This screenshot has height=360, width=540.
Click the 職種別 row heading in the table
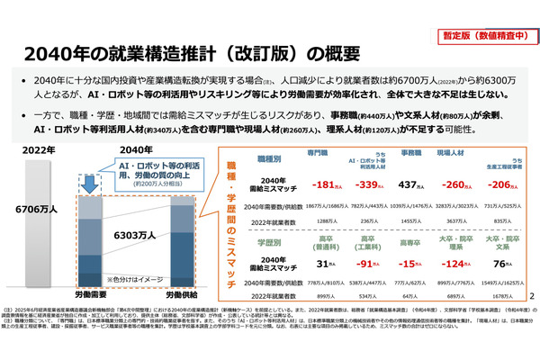[x=270, y=157]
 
